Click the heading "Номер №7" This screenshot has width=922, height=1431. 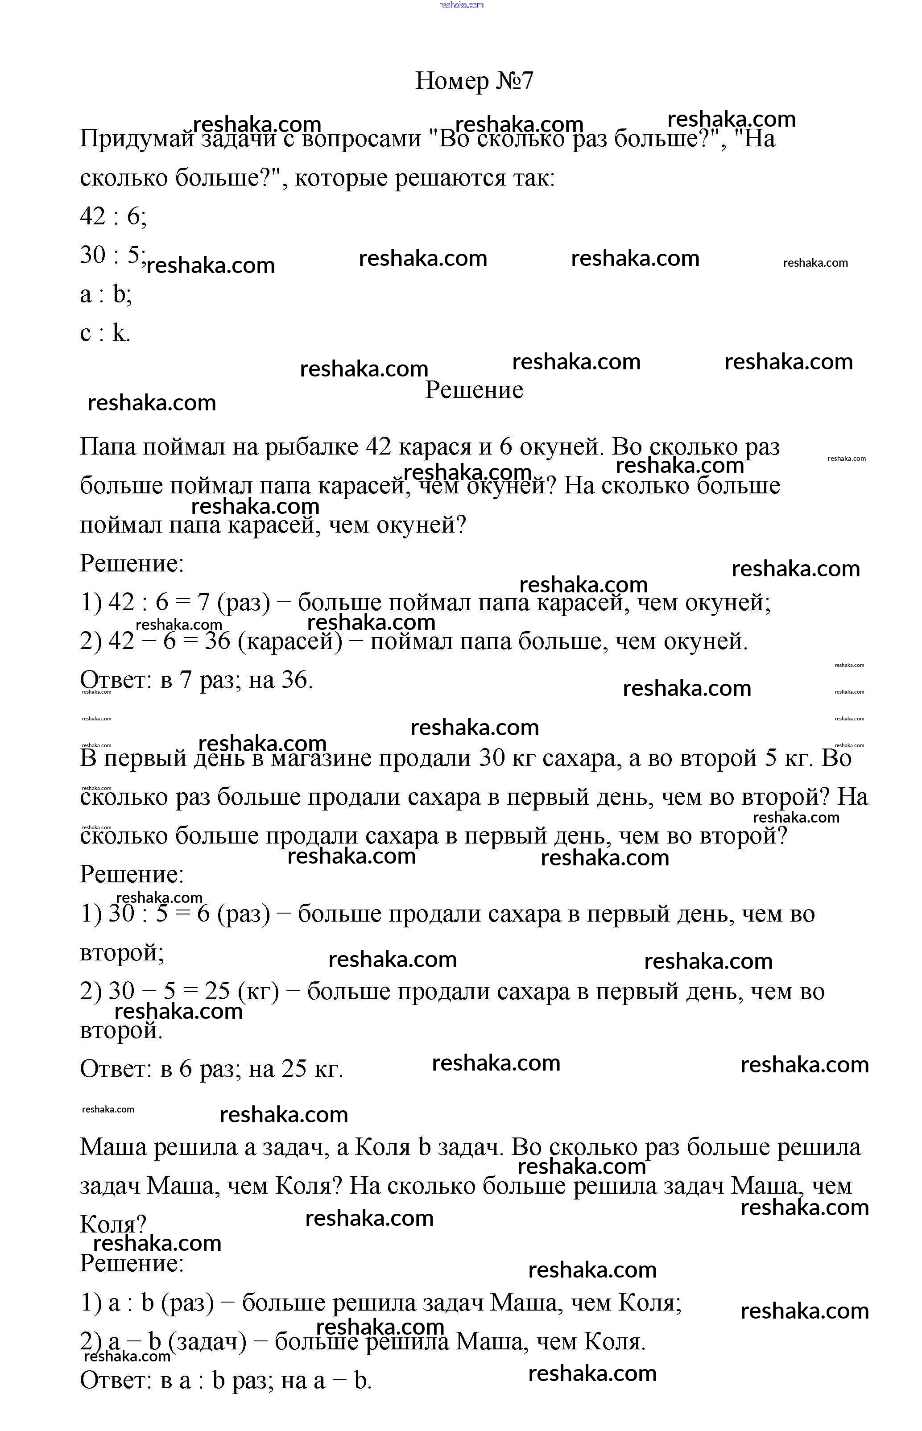point(474,81)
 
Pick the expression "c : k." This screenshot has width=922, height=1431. point(105,333)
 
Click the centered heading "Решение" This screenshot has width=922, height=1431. point(474,390)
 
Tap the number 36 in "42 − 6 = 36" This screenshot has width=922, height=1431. point(217,641)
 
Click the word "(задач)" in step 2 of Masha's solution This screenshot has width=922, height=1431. point(207,1342)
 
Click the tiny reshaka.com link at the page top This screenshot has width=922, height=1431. point(461,5)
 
